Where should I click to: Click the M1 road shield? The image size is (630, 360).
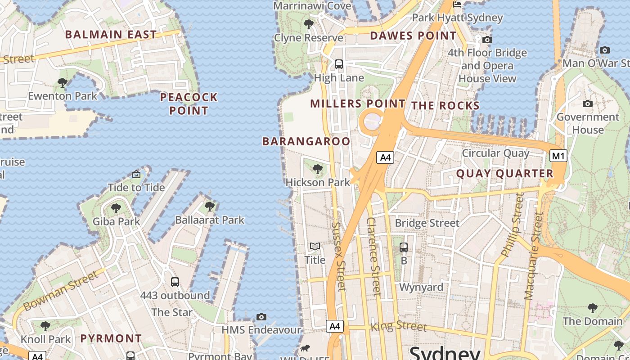[558, 156]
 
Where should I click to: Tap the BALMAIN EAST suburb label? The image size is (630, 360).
[111, 35]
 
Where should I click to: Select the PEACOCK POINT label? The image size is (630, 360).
[189, 103]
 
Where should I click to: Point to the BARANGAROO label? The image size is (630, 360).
[306, 141]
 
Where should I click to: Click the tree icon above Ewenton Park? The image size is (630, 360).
[63, 83]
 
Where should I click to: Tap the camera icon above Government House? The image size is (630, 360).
[587, 104]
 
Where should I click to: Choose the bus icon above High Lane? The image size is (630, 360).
[339, 64]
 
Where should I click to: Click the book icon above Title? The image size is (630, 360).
[315, 247]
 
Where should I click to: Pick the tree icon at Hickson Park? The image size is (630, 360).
[318, 169]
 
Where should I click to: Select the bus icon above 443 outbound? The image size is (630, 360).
[175, 282]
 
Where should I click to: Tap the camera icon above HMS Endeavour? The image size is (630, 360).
[261, 317]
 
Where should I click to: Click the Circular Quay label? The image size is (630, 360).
[496, 153]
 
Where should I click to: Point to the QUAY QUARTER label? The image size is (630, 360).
[504, 173]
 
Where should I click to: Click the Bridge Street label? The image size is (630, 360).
[427, 223]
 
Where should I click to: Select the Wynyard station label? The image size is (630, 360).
[421, 287]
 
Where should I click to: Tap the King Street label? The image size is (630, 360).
[398, 326]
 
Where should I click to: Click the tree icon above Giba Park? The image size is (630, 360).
[116, 208]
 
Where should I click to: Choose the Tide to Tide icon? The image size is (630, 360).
[136, 174]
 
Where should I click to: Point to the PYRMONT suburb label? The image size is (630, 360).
[111, 338]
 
